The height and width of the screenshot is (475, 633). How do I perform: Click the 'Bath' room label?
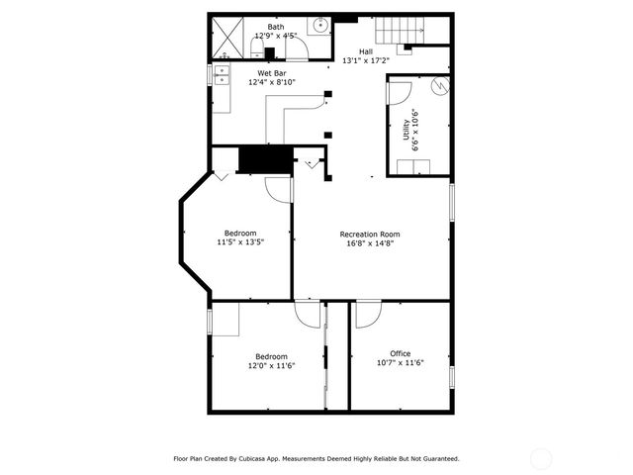pyautogui.click(x=274, y=28)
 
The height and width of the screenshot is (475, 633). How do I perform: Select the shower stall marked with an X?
pyautogui.click(x=229, y=40)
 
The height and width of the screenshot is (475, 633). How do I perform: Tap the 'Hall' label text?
pyautogui.click(x=365, y=50)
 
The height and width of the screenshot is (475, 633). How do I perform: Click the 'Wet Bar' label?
pyautogui.click(x=272, y=73)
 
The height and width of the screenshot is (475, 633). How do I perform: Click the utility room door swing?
pyautogui.click(x=399, y=93)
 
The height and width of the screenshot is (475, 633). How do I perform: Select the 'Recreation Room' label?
pyautogui.click(x=370, y=235)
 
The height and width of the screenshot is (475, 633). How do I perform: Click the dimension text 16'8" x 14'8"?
pyautogui.click(x=370, y=244)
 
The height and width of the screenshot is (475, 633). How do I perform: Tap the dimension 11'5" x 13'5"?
pyautogui.click(x=240, y=242)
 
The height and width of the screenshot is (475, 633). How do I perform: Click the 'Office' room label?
pyautogui.click(x=400, y=353)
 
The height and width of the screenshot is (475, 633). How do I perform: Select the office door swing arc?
pyautogui.click(x=369, y=315)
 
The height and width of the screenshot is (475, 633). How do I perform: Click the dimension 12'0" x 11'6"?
pyautogui.click(x=271, y=366)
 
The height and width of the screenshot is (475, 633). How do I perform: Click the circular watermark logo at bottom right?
pyautogui.click(x=541, y=458)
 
